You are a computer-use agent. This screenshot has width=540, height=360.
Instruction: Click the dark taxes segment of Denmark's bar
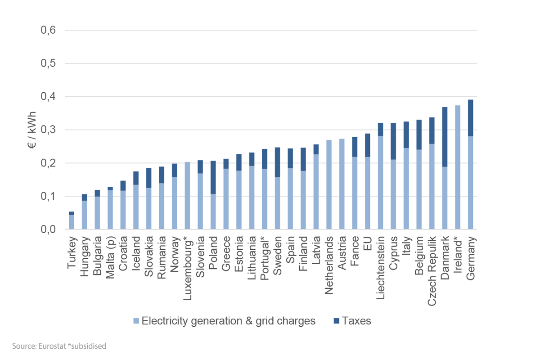coord(445,137)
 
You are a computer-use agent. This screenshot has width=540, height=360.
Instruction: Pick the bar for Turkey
coord(71,220)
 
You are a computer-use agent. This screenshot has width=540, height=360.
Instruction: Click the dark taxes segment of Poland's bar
coord(213,177)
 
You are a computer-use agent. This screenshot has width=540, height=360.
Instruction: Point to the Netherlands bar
coord(329,184)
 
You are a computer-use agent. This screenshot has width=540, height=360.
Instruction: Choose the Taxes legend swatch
coord(335,321)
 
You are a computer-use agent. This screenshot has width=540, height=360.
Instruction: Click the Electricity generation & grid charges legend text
coord(229,321)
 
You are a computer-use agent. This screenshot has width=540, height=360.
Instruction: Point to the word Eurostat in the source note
coord(50,346)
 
